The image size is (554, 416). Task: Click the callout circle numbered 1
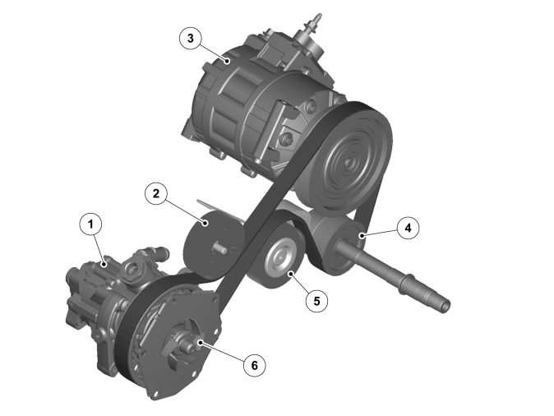pos(90,224)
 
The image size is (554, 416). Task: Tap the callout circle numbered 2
pos(156,193)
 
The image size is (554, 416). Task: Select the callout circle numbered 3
pos(191,38)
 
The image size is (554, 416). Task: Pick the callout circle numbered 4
pos(408,228)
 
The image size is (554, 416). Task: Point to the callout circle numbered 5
pos(316,301)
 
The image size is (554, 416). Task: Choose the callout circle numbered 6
pos(254,365)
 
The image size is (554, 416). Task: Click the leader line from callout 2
pos(185,210)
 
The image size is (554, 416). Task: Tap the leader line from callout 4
pos(379,232)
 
